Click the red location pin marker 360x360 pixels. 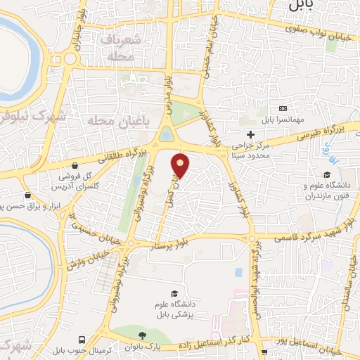tap(181, 165)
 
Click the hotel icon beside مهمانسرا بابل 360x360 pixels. tap(283, 108)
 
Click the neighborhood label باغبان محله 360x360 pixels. tap(110, 121)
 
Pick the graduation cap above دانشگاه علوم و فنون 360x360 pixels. tap(326, 176)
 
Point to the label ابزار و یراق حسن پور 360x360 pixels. tap(27, 205)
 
